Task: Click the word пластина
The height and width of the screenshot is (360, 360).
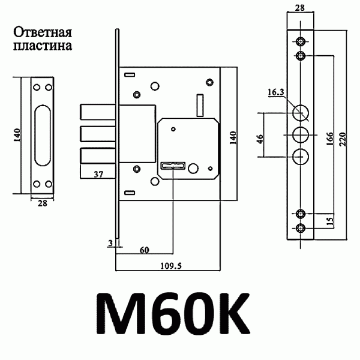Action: (x=43, y=46)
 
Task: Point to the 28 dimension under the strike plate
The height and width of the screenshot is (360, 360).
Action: (x=43, y=204)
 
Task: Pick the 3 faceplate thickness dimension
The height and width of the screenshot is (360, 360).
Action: (x=110, y=242)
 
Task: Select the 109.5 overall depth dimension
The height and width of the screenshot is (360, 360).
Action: (x=170, y=267)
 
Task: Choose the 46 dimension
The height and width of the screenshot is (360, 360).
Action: (x=259, y=139)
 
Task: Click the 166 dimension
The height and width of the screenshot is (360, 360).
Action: (x=331, y=137)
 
